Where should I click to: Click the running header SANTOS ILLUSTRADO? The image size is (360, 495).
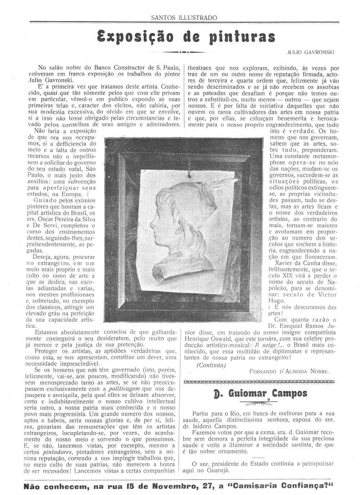coord(184,17)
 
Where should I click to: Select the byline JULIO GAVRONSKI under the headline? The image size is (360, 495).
coord(311,52)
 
